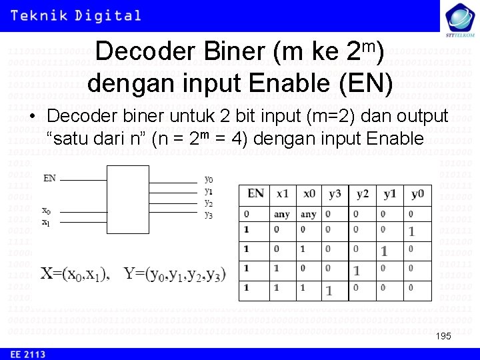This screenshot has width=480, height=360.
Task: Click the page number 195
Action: (x=443, y=336)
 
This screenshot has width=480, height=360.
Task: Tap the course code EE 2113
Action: (x=27, y=354)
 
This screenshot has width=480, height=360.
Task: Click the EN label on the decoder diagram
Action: (x=49, y=178)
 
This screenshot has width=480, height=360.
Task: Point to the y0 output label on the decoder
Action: (x=209, y=179)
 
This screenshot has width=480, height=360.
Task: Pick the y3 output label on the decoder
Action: (x=209, y=215)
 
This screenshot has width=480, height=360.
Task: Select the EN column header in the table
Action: (x=255, y=194)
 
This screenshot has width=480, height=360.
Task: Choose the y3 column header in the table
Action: (x=335, y=194)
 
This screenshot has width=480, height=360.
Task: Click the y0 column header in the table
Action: (x=417, y=194)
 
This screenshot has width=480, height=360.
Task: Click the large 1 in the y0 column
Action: (x=411, y=232)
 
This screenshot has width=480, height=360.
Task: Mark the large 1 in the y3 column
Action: (x=329, y=291)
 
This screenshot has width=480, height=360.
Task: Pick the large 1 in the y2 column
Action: (x=357, y=271)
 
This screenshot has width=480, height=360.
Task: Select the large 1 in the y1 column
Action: (x=384, y=251)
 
